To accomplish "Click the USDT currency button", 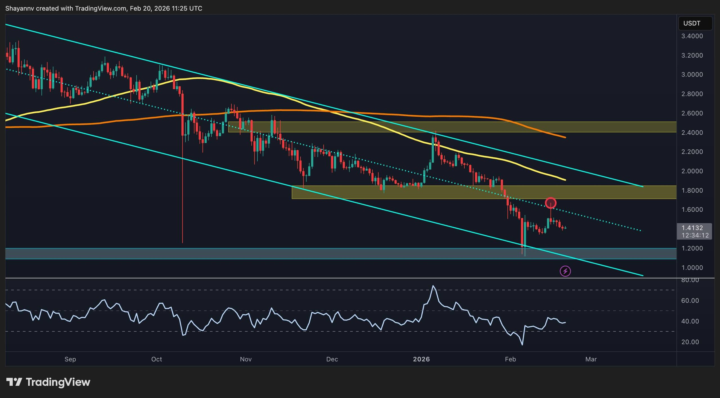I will tap(695, 23).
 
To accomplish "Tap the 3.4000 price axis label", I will tap(692, 36).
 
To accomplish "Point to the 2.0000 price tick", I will tap(692, 171).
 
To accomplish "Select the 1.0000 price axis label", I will tap(692, 268).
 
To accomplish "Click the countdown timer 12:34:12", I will tap(695, 235).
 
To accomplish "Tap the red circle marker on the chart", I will tap(550, 203).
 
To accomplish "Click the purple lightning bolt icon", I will tap(565, 271).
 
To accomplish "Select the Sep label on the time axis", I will tap(70, 359).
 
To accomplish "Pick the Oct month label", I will tap(157, 359).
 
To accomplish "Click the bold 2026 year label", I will tap(421, 359).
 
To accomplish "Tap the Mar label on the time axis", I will tap(591, 359).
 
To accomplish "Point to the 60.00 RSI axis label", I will tap(690, 300).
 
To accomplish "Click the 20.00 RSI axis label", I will tap(690, 342).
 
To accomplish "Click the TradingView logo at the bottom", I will tap(48, 382).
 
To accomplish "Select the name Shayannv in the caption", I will tap(20, 8).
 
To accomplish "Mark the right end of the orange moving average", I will tap(565, 137).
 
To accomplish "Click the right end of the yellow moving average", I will tap(565, 180).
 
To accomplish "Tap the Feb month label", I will tap(510, 359).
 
